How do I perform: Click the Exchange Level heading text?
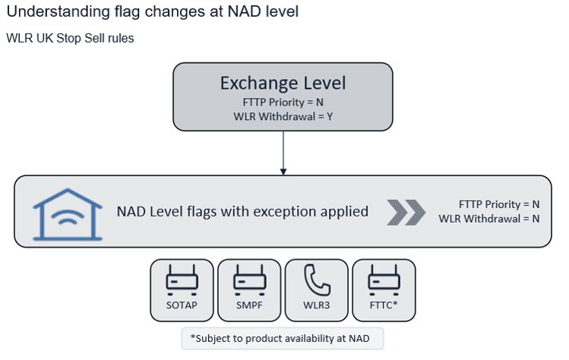[283, 84]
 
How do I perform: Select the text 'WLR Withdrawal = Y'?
[283, 116]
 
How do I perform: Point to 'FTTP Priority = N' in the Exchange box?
[283, 103]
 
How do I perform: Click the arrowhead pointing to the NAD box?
[283, 172]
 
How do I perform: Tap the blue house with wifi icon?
[68, 214]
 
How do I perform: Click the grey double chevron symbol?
[406, 213]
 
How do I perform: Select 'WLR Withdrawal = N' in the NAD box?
[488, 219]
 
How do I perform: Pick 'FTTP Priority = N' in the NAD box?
[499, 204]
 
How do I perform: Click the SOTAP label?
[182, 305]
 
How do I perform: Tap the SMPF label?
[249, 305]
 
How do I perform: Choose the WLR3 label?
[317, 305]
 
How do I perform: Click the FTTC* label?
[384, 305]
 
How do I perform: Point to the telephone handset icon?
[317, 280]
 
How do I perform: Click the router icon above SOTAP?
[182, 279]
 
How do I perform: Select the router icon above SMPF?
[249, 279]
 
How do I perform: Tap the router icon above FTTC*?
[384, 279]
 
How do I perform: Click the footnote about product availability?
[280, 339]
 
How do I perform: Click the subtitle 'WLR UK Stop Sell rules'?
[70, 38]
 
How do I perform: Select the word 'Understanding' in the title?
[58, 12]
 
